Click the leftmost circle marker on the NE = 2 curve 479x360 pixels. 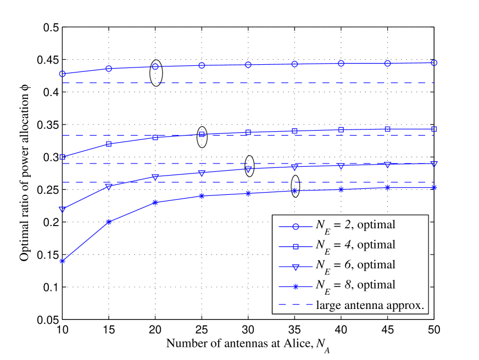pyautogui.click(x=63, y=74)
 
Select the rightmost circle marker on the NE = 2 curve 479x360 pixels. pyautogui.click(x=434, y=63)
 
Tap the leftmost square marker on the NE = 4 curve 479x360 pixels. pyautogui.click(x=63, y=157)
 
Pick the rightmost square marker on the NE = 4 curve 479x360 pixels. pyautogui.click(x=434, y=129)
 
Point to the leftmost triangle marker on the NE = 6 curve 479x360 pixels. pyautogui.click(x=63, y=210)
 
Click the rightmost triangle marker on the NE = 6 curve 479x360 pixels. pyautogui.click(x=434, y=164)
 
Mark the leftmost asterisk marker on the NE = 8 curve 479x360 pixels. pyautogui.click(x=63, y=261)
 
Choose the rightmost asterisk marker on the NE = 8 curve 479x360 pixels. pyautogui.click(x=434, y=188)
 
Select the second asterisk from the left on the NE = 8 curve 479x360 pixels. pyautogui.click(x=109, y=222)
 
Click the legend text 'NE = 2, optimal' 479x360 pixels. pyautogui.click(x=355, y=225)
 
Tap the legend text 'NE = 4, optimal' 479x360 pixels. pyautogui.click(x=355, y=245)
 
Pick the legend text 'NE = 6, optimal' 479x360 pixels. pyautogui.click(x=355, y=266)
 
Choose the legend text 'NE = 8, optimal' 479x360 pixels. pyautogui.click(x=355, y=285)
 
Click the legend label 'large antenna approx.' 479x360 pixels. pyautogui.click(x=370, y=306)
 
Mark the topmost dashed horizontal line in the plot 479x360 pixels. pyautogui.click(x=247, y=83)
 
